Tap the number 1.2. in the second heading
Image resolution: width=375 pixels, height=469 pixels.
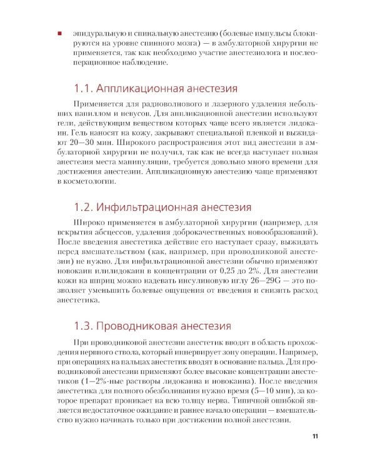86,206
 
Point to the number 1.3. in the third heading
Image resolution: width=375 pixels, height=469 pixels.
86,326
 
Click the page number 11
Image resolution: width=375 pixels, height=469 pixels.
315,437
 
